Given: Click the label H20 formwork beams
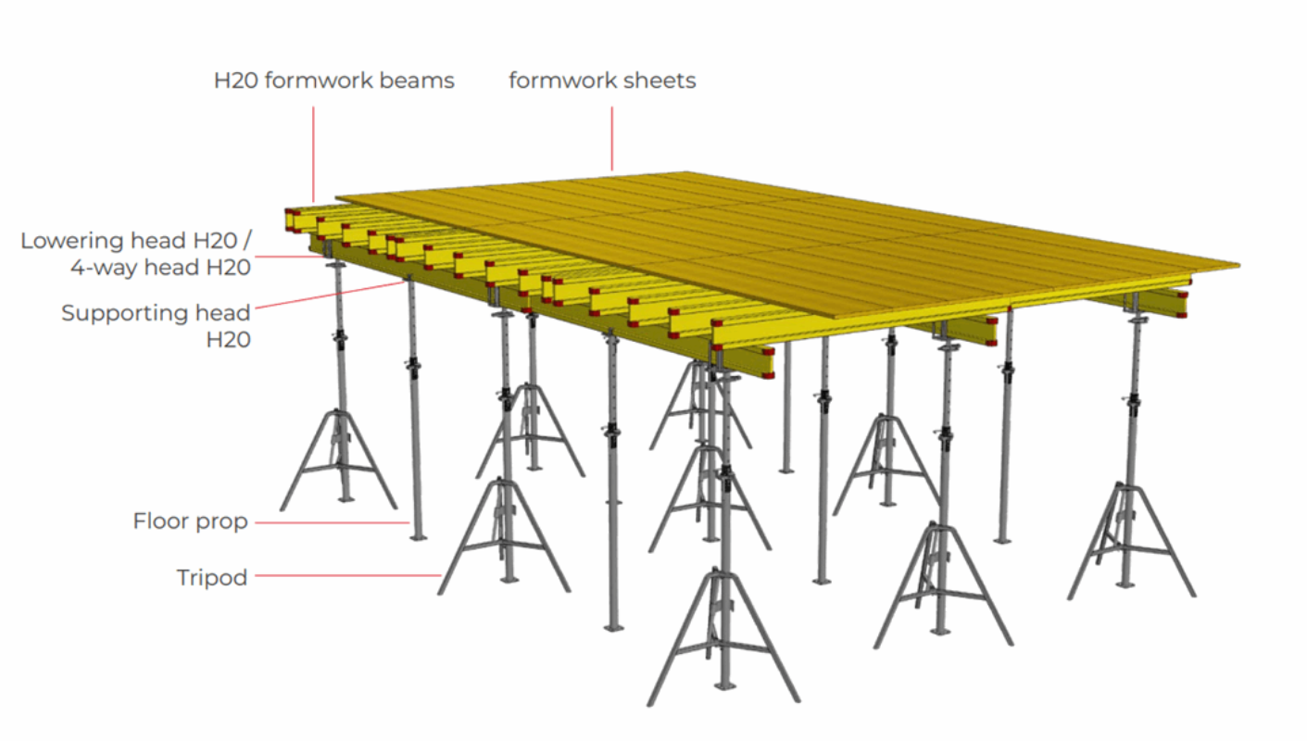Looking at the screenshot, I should [333, 81].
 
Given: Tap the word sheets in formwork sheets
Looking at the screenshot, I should [661, 81].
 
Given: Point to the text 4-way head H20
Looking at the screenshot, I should [160, 268].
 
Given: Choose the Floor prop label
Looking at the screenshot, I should [190, 521].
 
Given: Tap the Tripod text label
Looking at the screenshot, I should [212, 578].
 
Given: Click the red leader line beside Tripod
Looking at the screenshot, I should [347, 576].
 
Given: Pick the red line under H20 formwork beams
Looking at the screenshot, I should [313, 153].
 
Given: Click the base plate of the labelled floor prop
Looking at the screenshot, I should [418, 535].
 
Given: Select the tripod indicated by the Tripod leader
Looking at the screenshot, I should [505, 537].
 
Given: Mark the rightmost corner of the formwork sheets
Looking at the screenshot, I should [1238, 265].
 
